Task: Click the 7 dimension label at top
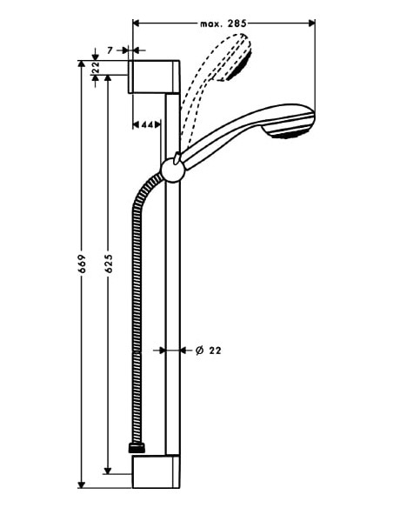110,51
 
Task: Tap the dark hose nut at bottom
137,448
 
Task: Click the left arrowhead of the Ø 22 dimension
162,351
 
